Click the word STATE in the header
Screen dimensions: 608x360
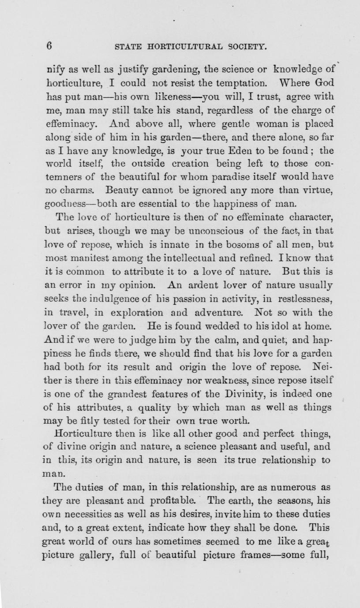click(128, 46)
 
